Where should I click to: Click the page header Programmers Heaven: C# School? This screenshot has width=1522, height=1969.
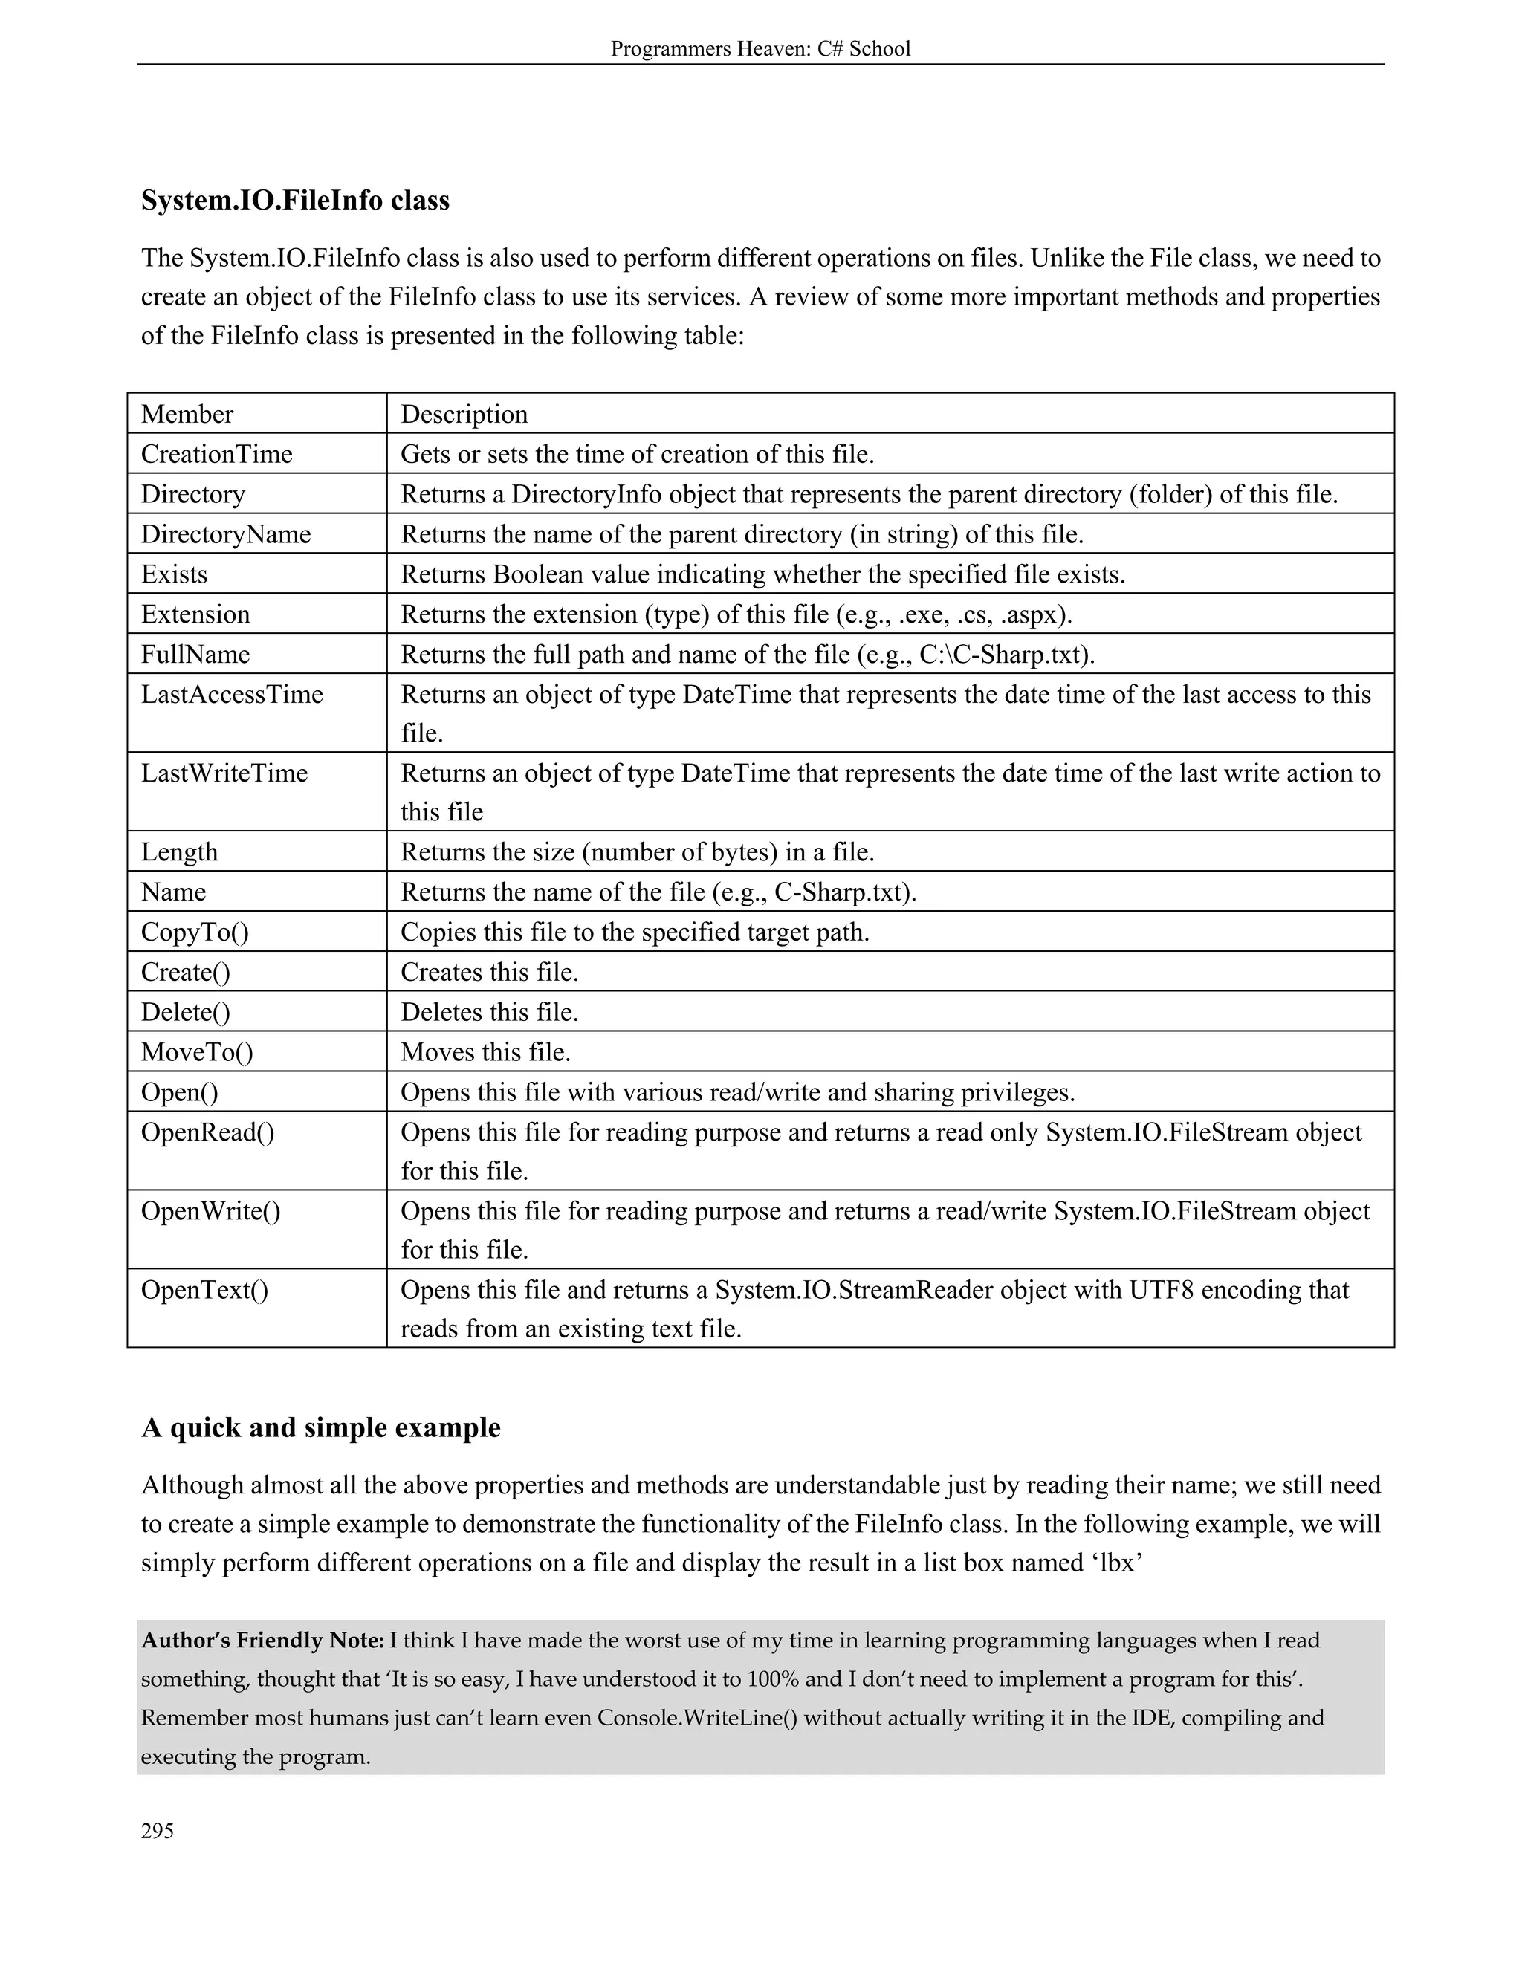click(760, 49)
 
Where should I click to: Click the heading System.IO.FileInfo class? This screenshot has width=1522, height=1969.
click(295, 200)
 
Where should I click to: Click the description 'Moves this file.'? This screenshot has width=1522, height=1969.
click(485, 1052)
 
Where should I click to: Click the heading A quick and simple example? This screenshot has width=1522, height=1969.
click(320, 1428)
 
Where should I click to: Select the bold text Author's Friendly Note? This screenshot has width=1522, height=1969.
click(262, 1640)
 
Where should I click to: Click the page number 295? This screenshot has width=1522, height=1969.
click(157, 1831)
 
